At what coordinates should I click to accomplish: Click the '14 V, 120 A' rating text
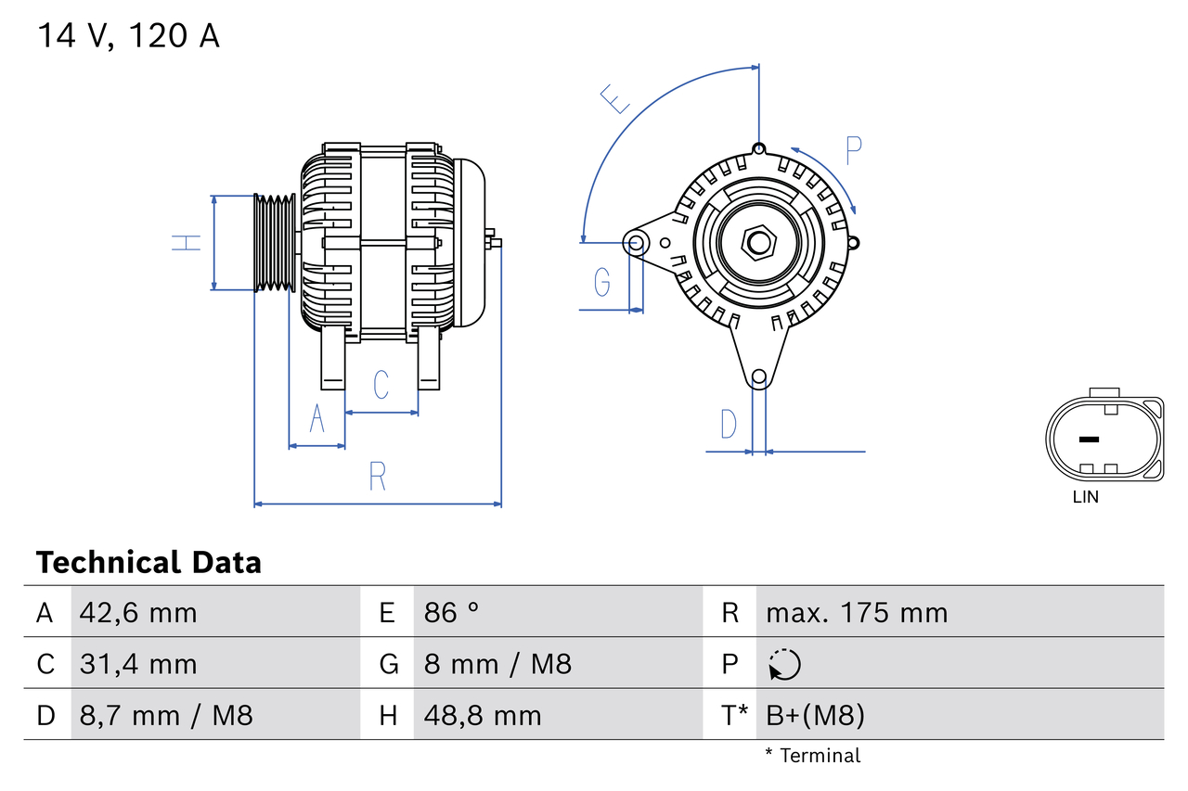[128, 35]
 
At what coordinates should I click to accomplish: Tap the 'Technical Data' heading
[148, 563]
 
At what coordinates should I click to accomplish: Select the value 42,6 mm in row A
[138, 613]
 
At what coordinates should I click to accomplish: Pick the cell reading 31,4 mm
[138, 664]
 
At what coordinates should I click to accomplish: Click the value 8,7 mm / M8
[166, 715]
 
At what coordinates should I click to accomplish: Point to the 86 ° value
[452, 613]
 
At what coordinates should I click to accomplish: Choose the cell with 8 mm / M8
[497, 664]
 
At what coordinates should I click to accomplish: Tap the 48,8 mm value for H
[483, 715]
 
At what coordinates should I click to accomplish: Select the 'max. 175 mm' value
[857, 613]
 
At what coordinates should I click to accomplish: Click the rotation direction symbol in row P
[784, 664]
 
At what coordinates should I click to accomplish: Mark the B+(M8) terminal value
[815, 715]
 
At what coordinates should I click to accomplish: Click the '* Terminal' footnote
[812, 756]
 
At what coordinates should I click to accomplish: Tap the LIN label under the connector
[1085, 497]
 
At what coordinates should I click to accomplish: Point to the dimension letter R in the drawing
[377, 476]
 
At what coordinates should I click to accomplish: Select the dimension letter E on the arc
[614, 98]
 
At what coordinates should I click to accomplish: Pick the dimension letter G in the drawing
[602, 280]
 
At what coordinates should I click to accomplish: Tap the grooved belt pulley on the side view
[275, 243]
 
